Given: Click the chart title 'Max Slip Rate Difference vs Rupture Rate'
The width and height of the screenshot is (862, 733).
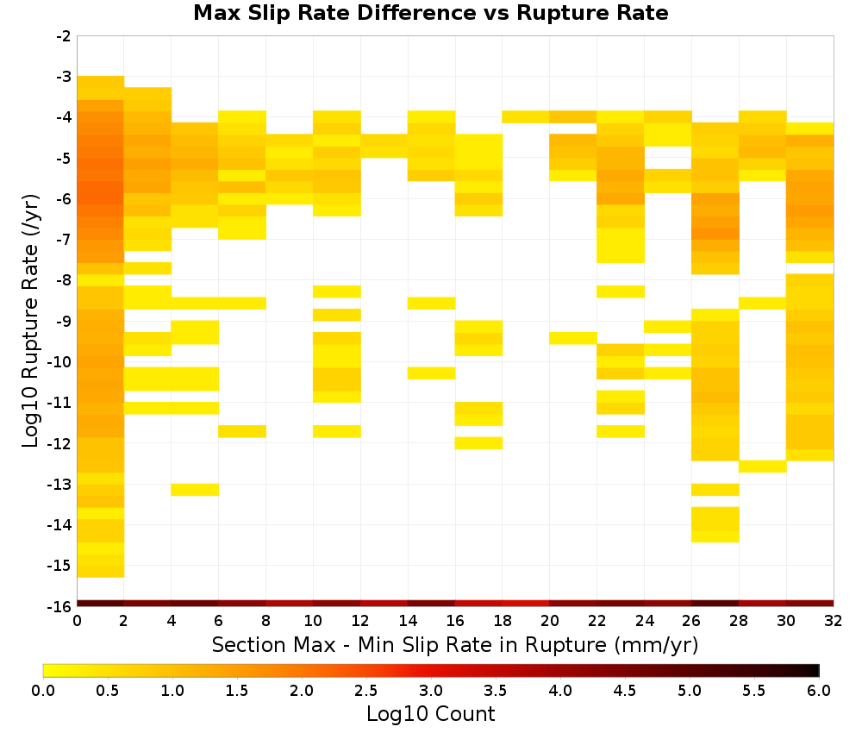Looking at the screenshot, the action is pyautogui.click(x=430, y=12).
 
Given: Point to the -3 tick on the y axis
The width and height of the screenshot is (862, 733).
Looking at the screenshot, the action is pyautogui.click(x=64, y=77).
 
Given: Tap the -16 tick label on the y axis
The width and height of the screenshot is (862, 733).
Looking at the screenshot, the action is pyautogui.click(x=59, y=606).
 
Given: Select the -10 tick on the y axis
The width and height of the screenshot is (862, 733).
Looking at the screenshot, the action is pyautogui.click(x=59, y=362).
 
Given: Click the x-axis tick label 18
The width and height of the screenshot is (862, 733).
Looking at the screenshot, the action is pyautogui.click(x=502, y=621).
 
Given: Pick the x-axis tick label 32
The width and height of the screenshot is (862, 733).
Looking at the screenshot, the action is pyautogui.click(x=834, y=621).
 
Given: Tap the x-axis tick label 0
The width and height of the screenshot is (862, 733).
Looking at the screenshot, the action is pyautogui.click(x=77, y=621).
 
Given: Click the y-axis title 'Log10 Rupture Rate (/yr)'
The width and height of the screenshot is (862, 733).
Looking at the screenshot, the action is pyautogui.click(x=30, y=321).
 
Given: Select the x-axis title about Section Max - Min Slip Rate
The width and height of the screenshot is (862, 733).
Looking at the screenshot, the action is pyautogui.click(x=454, y=644).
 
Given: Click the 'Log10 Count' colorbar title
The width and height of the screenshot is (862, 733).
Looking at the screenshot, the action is pyautogui.click(x=430, y=714).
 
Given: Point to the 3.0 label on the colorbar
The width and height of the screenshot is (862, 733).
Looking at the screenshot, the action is pyautogui.click(x=431, y=690).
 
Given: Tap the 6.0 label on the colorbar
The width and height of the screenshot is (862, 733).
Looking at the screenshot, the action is pyautogui.click(x=819, y=690).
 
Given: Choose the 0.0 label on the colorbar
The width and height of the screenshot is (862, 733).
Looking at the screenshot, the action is pyautogui.click(x=43, y=690).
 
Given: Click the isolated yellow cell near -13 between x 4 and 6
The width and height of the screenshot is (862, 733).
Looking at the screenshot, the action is pyautogui.click(x=195, y=490).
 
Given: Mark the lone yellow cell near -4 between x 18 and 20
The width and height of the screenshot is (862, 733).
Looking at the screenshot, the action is pyautogui.click(x=526, y=116).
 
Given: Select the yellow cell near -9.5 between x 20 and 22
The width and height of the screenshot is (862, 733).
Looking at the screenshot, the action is pyautogui.click(x=573, y=338).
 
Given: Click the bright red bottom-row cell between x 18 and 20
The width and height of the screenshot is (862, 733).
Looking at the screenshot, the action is pyautogui.click(x=526, y=604).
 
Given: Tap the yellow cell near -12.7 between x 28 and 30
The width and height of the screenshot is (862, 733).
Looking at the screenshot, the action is pyautogui.click(x=763, y=467).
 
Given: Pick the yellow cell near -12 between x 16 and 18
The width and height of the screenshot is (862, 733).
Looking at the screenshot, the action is pyautogui.click(x=478, y=443).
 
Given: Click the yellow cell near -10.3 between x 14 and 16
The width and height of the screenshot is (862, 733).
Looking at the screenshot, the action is pyautogui.click(x=432, y=373).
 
